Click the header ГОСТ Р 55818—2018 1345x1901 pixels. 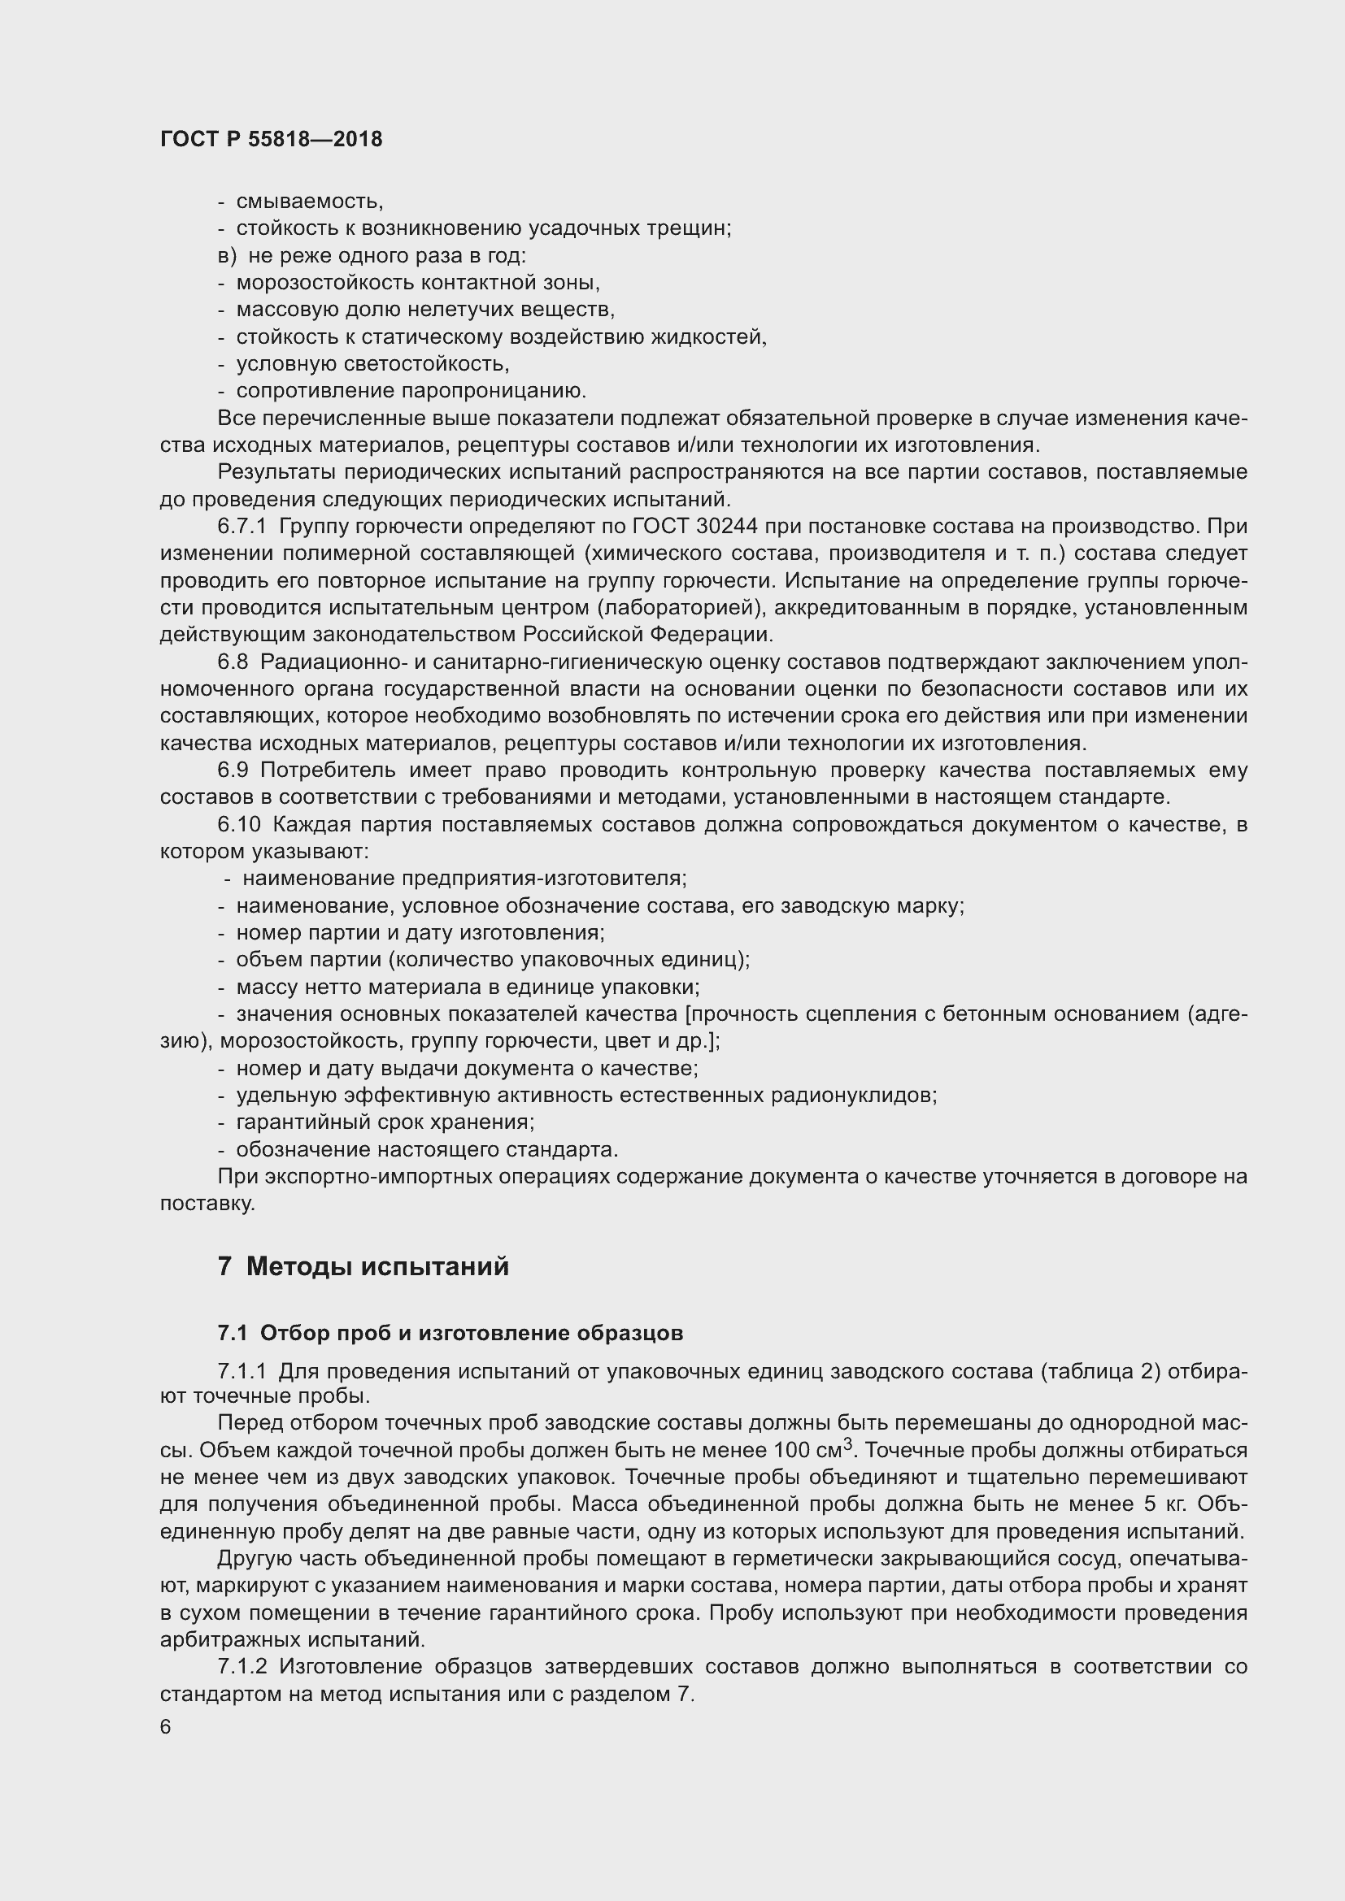tap(271, 139)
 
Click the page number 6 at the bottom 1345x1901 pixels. tap(166, 1727)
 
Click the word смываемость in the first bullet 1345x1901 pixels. tap(310, 202)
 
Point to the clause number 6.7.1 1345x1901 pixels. tap(242, 527)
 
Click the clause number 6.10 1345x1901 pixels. tap(238, 825)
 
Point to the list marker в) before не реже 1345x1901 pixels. tap(227, 256)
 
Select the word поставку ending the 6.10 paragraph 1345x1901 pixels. tap(207, 1204)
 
